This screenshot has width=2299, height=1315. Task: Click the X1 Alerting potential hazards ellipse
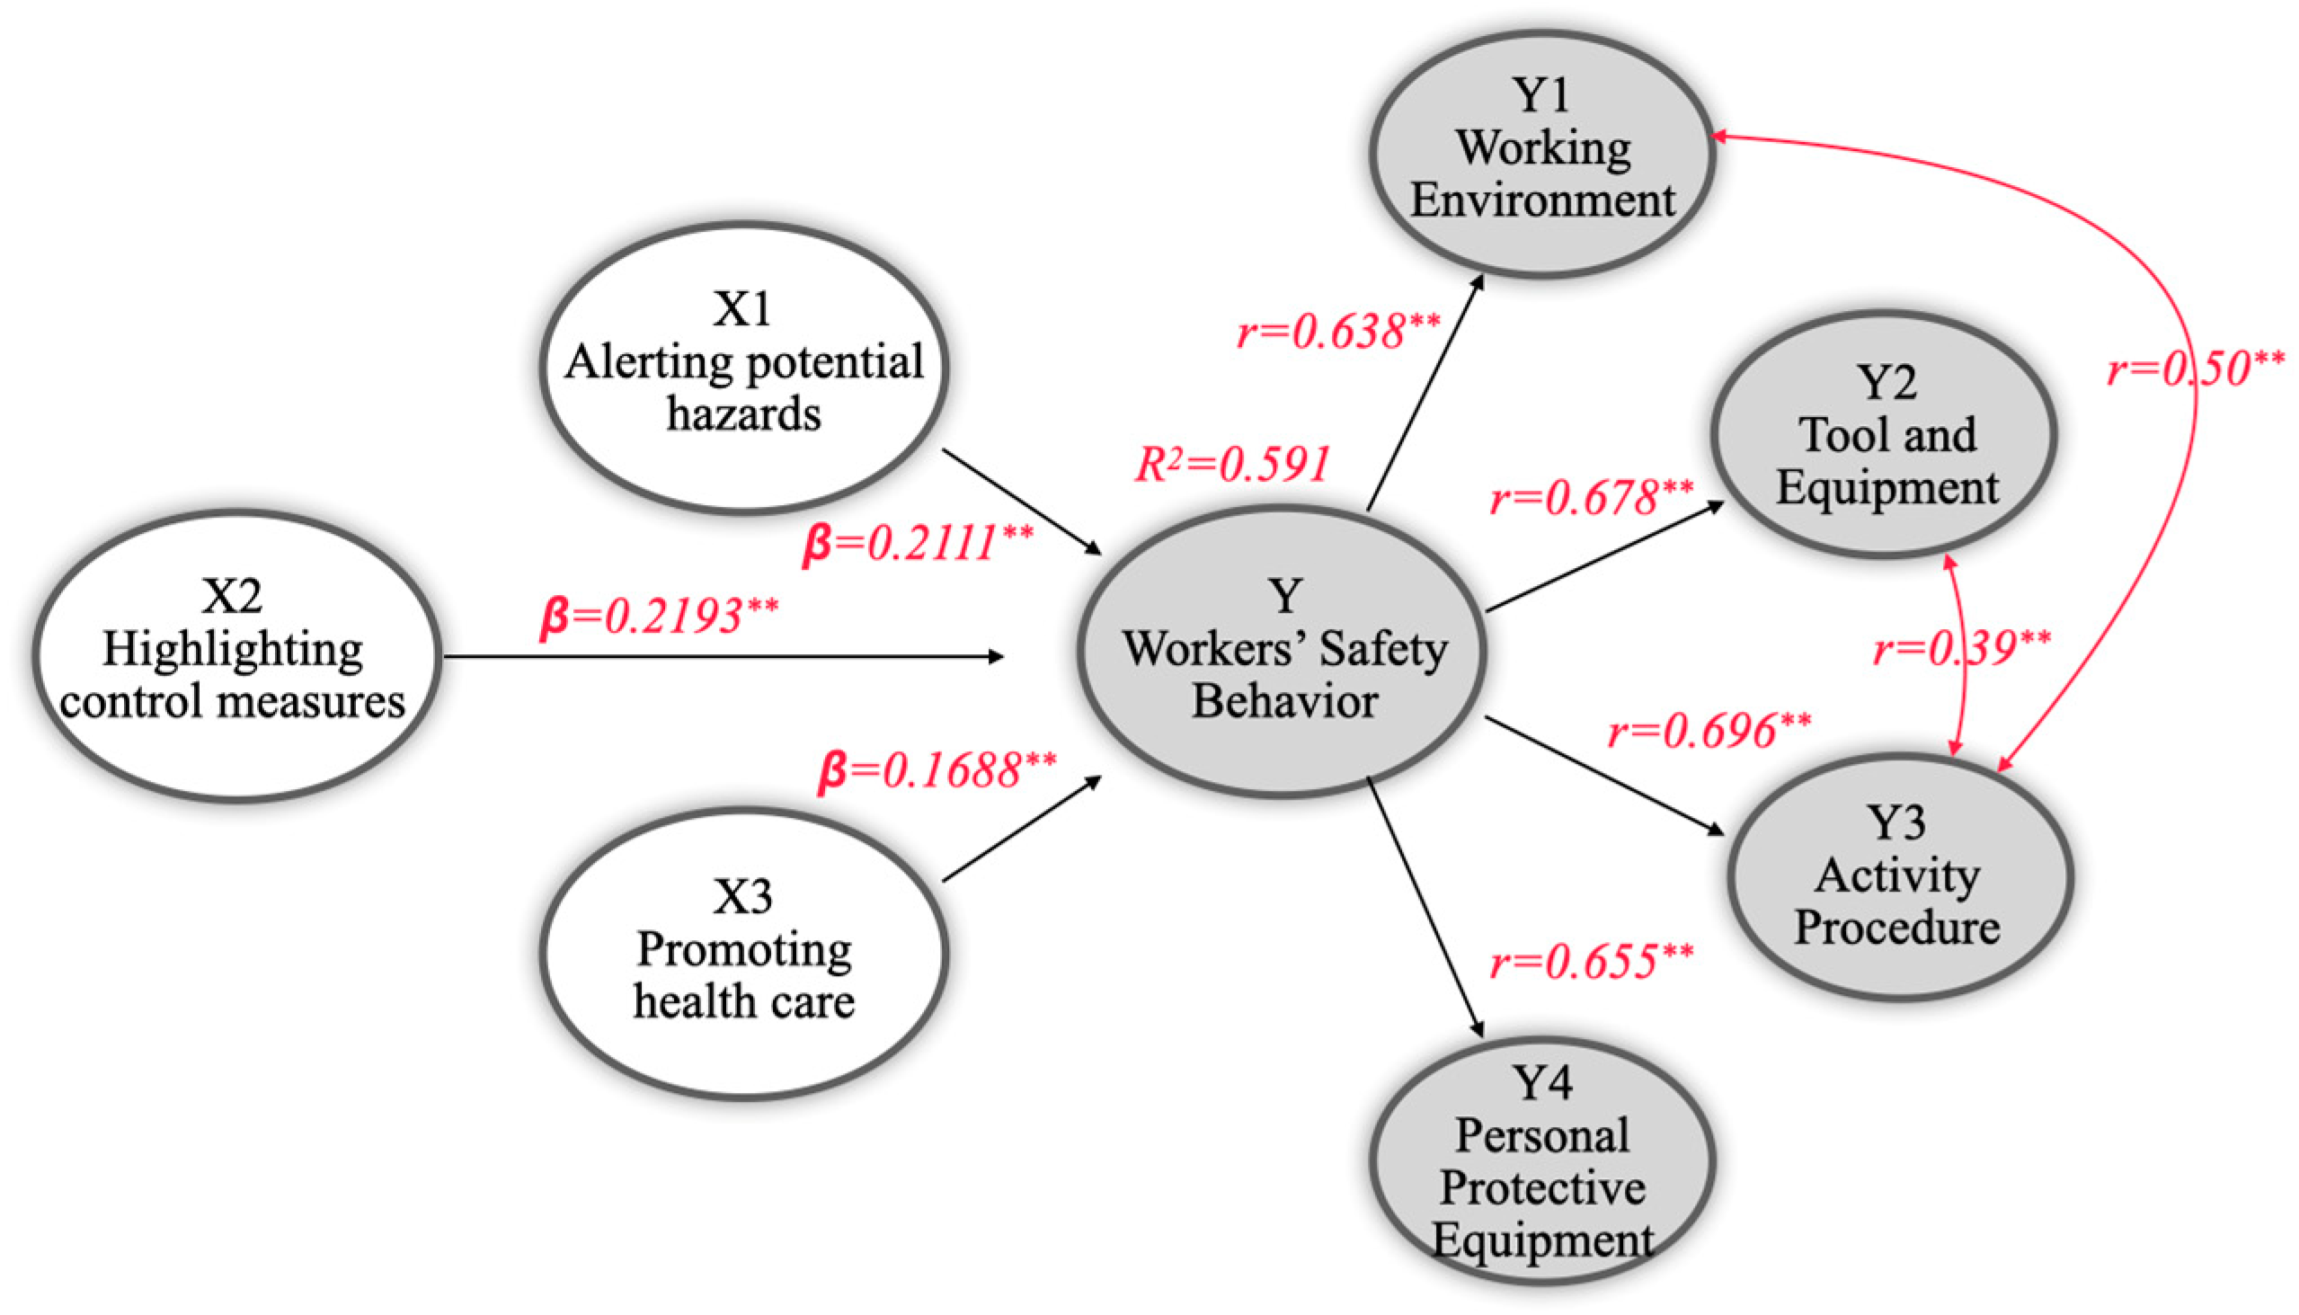[743, 368]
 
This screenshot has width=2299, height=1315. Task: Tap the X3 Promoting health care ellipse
[743, 953]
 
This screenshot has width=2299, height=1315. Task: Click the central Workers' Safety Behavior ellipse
[1283, 650]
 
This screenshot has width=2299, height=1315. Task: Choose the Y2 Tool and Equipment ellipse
[1885, 435]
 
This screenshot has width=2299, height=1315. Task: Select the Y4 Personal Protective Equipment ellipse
[1541, 1160]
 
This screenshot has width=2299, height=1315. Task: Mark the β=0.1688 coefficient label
[936, 770]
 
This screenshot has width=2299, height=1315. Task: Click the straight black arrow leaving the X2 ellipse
[723, 656]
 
